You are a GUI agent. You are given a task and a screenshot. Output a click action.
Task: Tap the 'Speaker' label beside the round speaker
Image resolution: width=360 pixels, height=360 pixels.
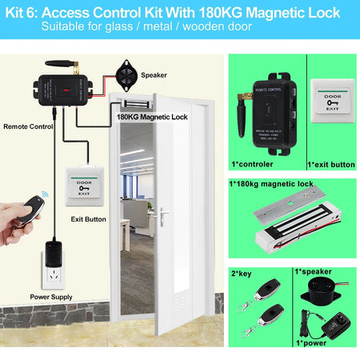click(x=154, y=74)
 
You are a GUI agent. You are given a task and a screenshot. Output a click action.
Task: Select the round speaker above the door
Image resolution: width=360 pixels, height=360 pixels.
click(x=126, y=74)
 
